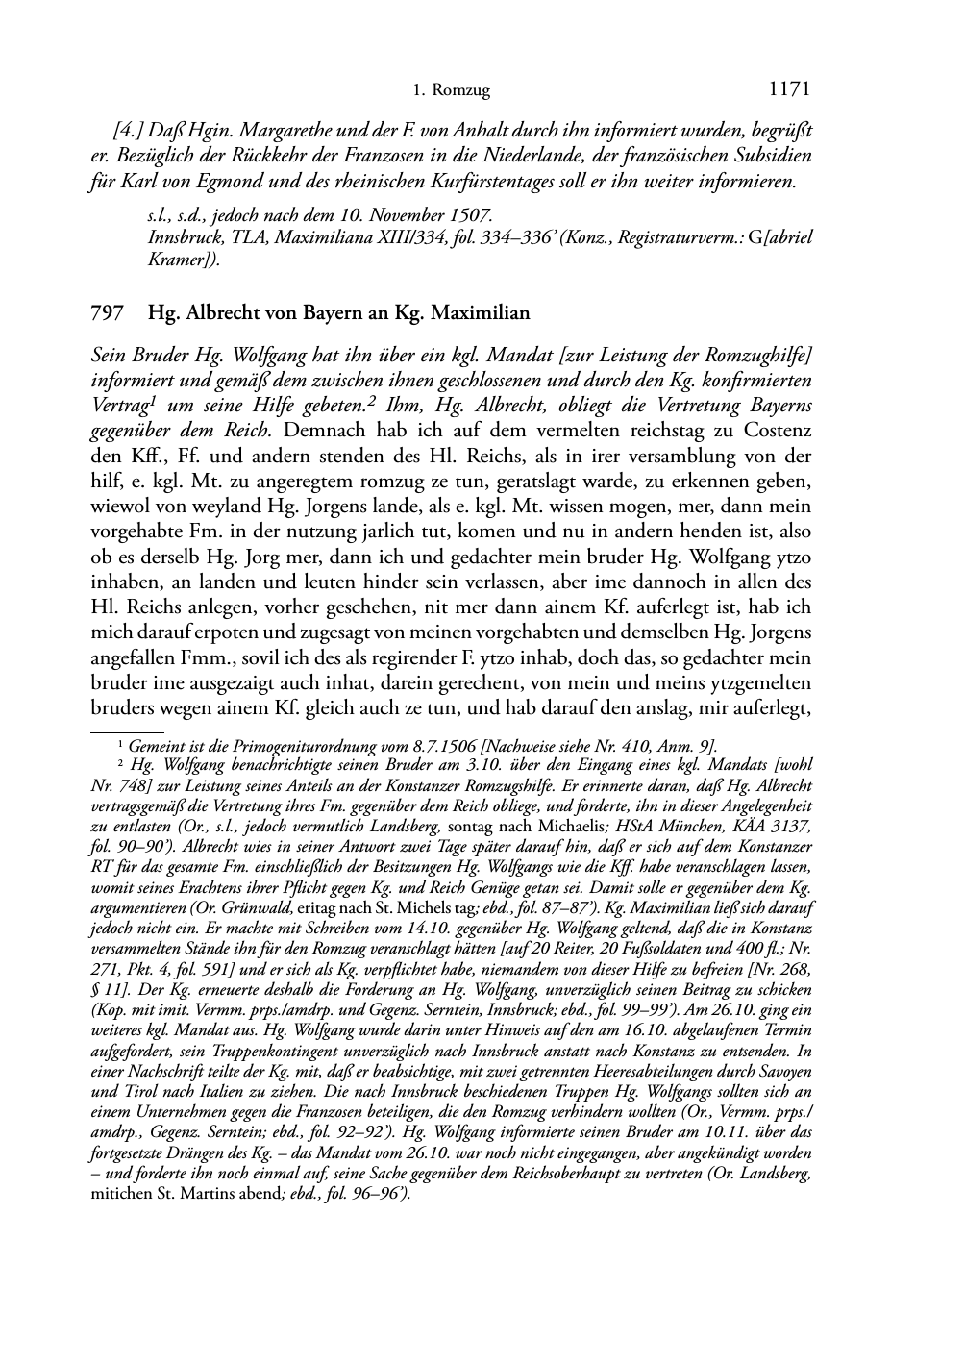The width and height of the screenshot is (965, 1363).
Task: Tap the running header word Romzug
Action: [462, 91]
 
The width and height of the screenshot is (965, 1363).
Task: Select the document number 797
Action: [105, 313]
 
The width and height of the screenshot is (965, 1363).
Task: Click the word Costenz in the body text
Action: [774, 430]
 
